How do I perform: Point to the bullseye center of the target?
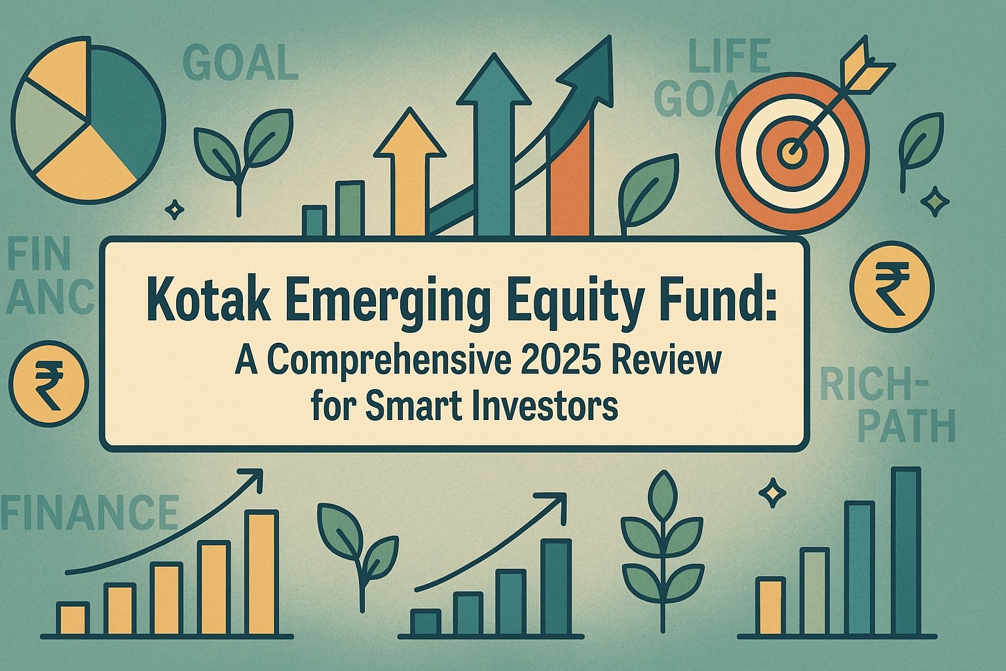coord(792,153)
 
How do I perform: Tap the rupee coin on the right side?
coord(892,287)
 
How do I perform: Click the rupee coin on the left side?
coord(49,383)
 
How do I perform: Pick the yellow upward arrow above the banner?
coord(409,173)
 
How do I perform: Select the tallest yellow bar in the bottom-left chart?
coord(261,573)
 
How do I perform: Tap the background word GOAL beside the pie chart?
coord(240,62)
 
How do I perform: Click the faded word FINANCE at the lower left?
coord(89,512)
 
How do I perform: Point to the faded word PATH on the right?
coord(906,426)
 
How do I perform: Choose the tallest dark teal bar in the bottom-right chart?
coord(906,551)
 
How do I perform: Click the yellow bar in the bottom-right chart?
coord(770,606)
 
